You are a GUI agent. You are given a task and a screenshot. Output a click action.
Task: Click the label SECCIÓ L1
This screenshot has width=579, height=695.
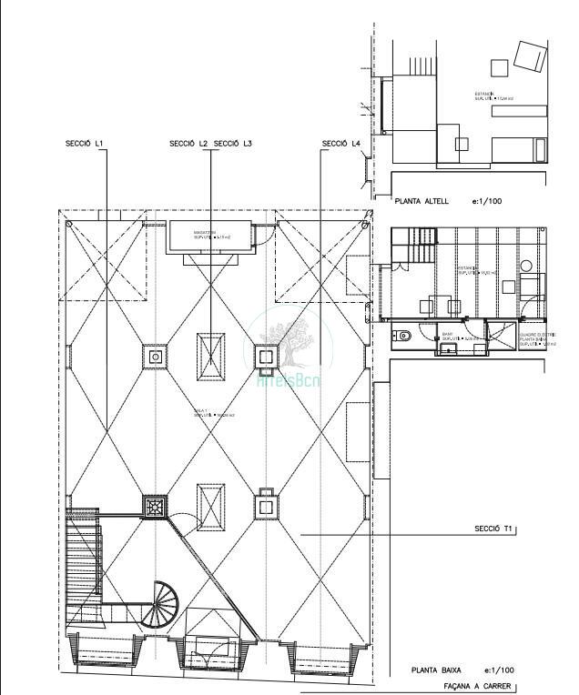tap(85, 144)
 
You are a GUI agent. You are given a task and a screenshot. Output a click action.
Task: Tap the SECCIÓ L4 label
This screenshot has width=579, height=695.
tap(340, 144)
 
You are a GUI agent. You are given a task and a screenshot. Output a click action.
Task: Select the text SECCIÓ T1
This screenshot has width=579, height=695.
tap(494, 529)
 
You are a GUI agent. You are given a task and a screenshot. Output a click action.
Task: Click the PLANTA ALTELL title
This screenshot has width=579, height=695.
tap(423, 201)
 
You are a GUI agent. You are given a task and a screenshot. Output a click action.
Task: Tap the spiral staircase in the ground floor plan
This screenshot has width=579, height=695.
tap(165, 602)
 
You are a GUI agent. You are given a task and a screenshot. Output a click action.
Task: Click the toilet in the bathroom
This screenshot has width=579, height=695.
tap(403, 336)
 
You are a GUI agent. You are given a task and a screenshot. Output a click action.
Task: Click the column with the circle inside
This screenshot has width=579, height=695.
tap(156, 357)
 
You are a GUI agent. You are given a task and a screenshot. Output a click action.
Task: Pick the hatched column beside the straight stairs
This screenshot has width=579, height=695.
tap(156, 506)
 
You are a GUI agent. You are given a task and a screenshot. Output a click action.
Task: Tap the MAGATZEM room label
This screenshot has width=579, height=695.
tap(203, 235)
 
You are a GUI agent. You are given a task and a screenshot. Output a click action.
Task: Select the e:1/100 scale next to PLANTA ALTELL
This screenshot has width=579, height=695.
tap(487, 201)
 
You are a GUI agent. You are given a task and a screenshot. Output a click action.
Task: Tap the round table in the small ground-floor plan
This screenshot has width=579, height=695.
tap(526, 266)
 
